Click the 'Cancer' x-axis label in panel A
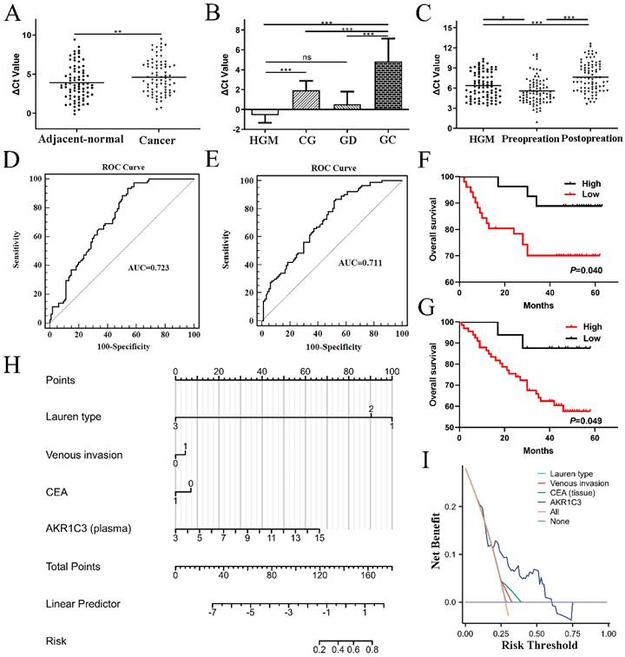pyautogui.click(x=165, y=141)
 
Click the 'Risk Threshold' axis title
pyautogui.click(x=533, y=646)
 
